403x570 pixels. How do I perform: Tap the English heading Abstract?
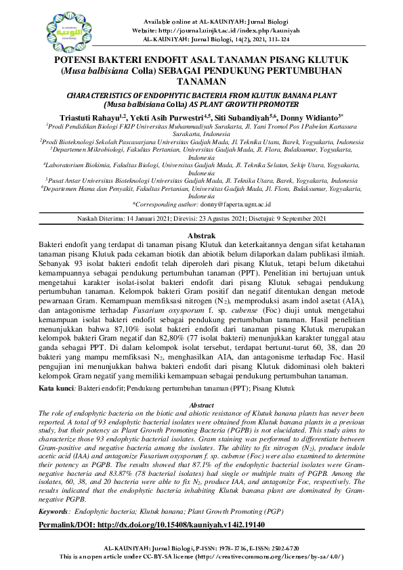tap(200, 405)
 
